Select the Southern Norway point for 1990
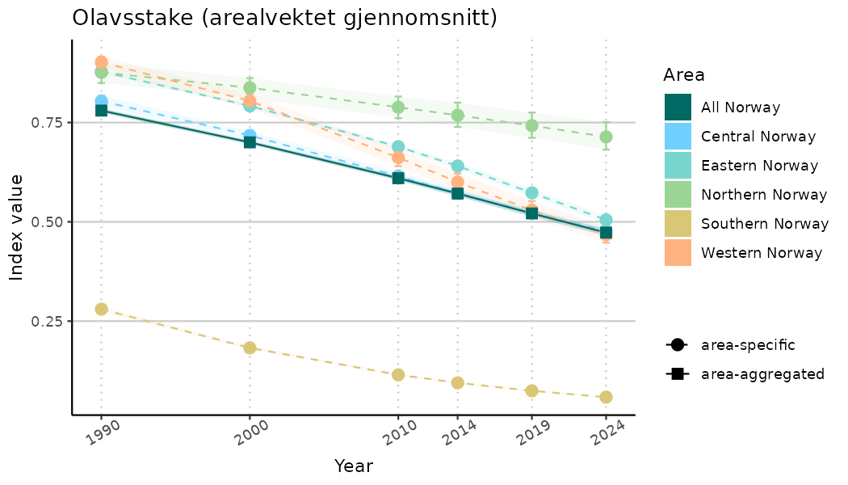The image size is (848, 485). point(101,309)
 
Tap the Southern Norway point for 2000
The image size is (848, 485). point(250,348)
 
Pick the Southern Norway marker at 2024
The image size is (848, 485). point(606,397)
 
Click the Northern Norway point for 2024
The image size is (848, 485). point(606,137)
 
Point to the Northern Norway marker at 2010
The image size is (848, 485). point(398,107)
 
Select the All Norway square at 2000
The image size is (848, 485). point(250,141)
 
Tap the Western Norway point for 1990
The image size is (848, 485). point(101,62)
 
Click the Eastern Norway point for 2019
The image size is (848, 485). point(531,193)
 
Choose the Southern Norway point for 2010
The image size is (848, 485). point(398,375)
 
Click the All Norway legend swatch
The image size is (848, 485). point(678,108)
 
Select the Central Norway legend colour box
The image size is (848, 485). point(678,137)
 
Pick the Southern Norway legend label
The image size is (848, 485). point(764,224)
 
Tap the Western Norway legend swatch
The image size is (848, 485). point(678,253)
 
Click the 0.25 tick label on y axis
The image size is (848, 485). point(48,322)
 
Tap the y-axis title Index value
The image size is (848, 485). point(17,227)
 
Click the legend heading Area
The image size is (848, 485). point(683,75)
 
